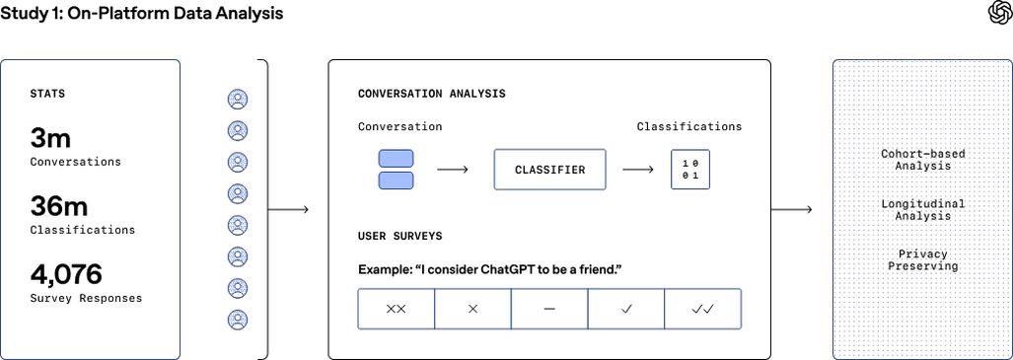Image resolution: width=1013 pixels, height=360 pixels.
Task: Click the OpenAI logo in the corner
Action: pos(997,13)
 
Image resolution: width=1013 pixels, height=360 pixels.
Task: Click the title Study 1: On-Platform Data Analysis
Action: pos(142,14)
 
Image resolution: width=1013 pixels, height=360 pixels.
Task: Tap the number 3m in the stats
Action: pos(50,138)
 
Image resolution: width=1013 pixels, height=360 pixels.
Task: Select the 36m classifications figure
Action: pos(59,206)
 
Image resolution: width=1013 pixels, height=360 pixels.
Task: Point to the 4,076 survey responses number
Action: pos(66,274)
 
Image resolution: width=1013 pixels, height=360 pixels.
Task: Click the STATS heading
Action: pos(48,95)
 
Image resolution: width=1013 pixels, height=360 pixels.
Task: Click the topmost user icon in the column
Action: pos(238,99)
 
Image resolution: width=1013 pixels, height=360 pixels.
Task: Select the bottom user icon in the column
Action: pos(238,320)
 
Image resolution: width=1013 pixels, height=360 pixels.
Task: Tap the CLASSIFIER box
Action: pos(549,170)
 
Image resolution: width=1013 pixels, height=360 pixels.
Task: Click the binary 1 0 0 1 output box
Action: pos(690,170)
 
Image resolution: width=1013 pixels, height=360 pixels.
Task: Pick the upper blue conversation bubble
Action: pos(396,159)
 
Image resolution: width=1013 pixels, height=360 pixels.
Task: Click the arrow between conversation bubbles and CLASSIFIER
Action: pos(453,170)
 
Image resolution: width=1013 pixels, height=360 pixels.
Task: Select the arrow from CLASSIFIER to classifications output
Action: pos(637,170)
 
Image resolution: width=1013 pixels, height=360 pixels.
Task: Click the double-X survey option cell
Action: pos(396,309)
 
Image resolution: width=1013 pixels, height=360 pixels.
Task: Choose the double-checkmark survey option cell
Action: pos(702,309)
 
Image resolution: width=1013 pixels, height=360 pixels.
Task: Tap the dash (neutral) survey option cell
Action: pos(549,309)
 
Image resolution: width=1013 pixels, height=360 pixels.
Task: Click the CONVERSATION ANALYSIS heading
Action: pos(431,94)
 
